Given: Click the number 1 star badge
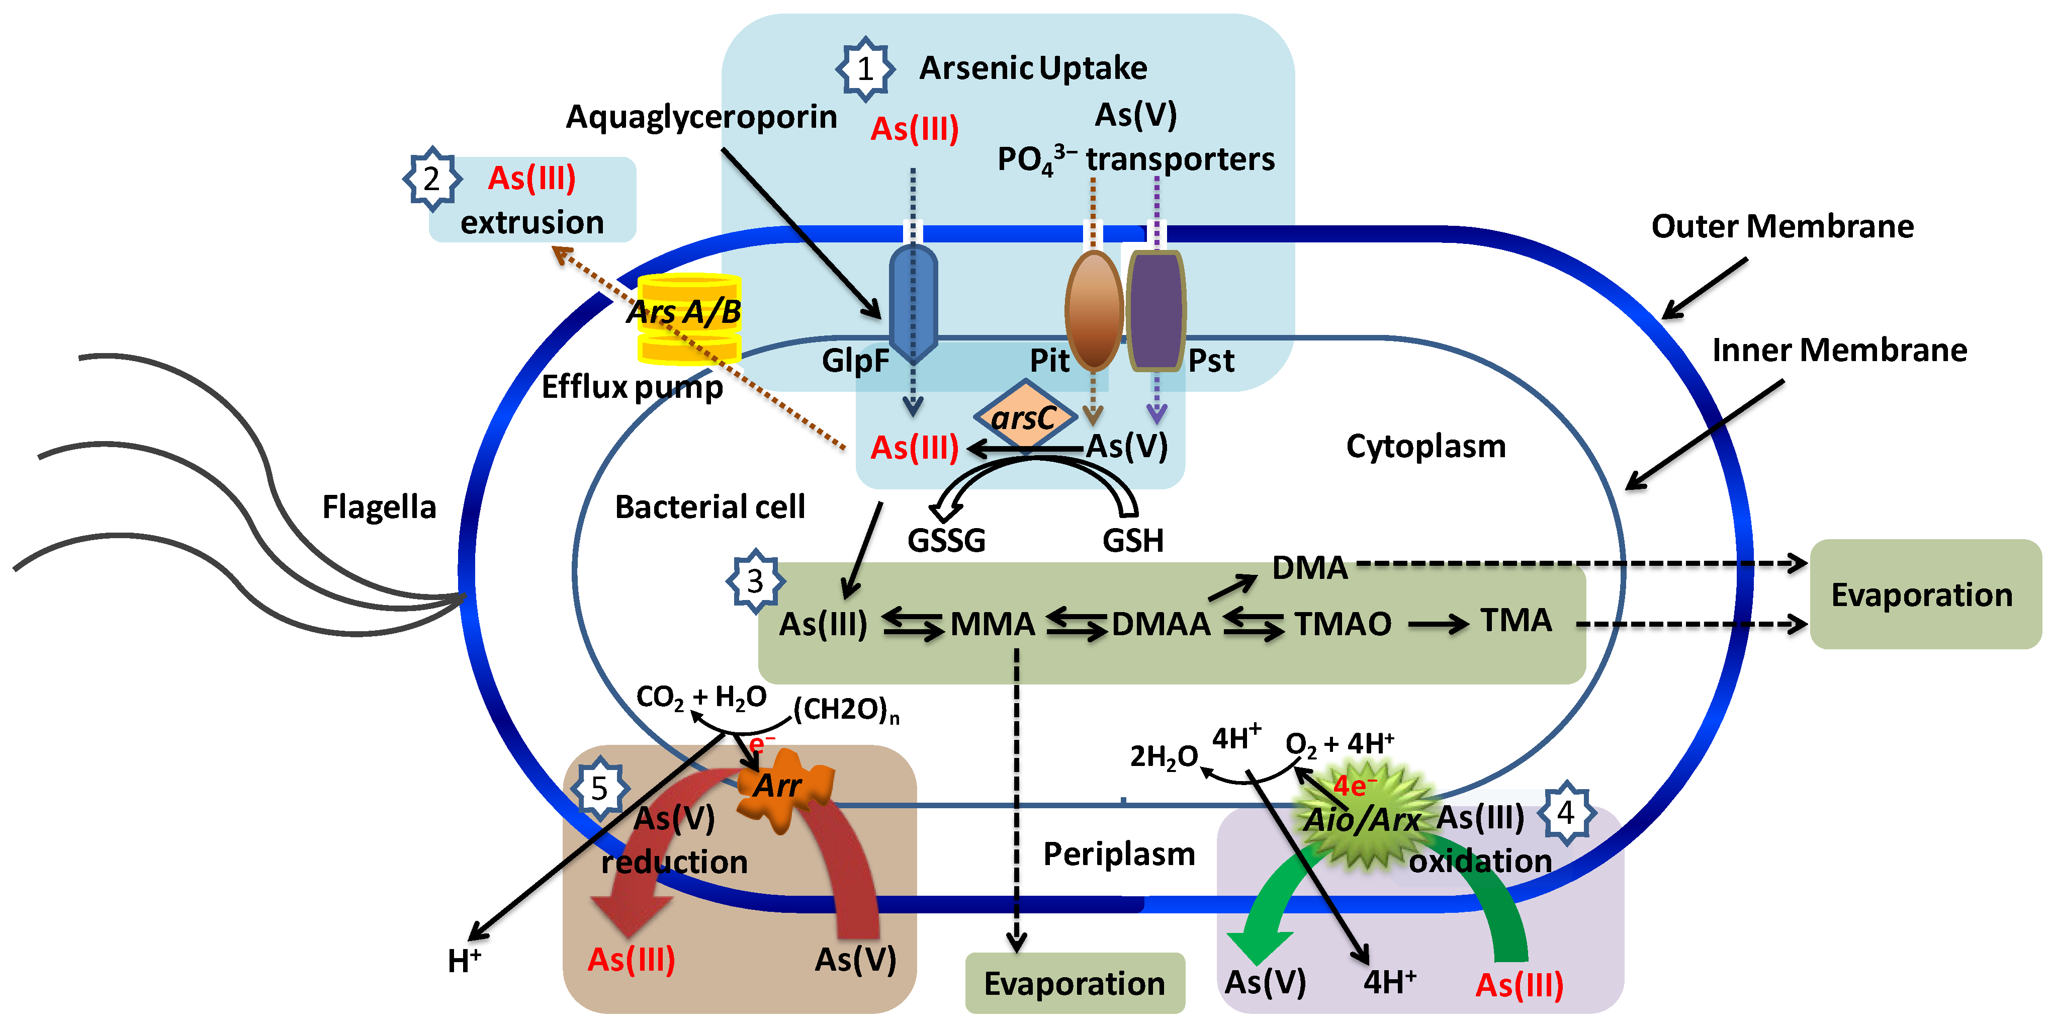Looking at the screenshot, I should click(865, 69).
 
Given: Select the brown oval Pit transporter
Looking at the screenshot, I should click(1094, 310).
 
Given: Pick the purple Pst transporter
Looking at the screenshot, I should click(1155, 310).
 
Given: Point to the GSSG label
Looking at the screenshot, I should click(946, 541).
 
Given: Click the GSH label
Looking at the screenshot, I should click(1132, 541).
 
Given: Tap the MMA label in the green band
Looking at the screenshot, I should click(993, 624).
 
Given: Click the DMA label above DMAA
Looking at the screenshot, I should click(1309, 567).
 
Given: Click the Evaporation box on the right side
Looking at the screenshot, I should click(1924, 594).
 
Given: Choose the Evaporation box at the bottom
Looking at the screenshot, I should click(1075, 983).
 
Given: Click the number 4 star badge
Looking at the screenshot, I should click(1566, 813).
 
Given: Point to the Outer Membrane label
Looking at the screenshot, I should click(1782, 227).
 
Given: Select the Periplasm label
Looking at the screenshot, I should click(1119, 854).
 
